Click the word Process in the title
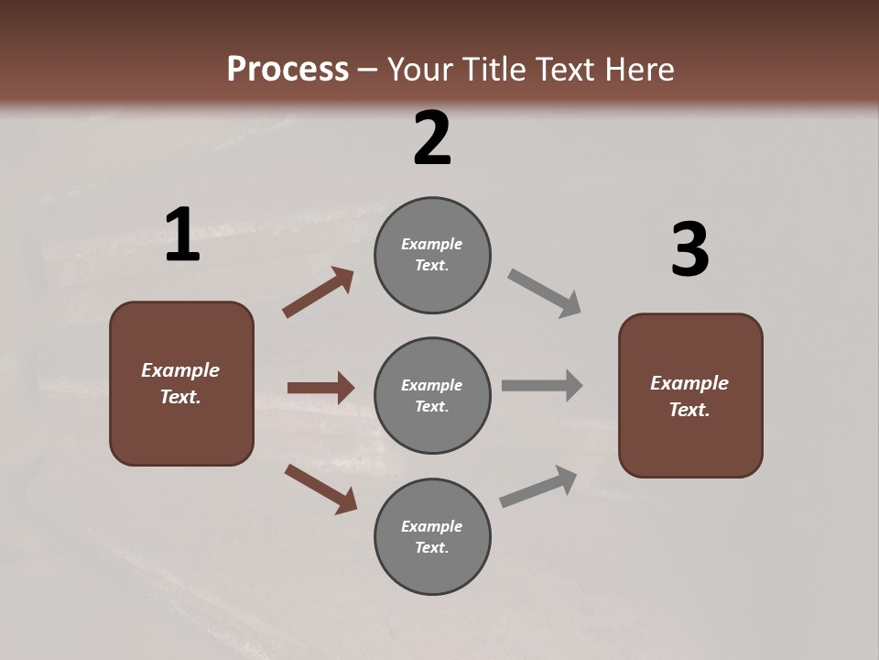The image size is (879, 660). tap(288, 70)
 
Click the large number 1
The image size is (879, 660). tap(182, 236)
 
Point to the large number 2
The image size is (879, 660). tap(432, 138)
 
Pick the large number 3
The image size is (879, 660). tap(689, 250)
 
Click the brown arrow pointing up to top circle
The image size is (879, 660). tap(318, 292)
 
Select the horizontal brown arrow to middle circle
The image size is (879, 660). tap(320, 388)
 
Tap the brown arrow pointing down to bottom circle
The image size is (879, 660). tap(320, 488)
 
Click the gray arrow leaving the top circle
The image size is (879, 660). tap(545, 293)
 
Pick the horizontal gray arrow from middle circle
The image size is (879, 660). tap(542, 386)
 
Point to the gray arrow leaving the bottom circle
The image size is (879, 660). tap(538, 486)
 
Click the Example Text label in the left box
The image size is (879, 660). tap(181, 383)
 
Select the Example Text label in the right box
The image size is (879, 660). tap(689, 396)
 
